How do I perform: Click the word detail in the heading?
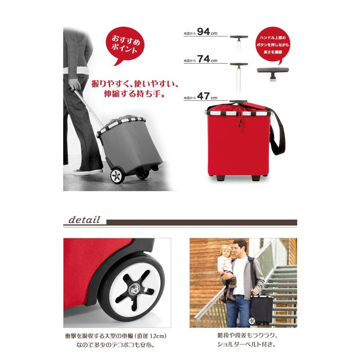(84, 220)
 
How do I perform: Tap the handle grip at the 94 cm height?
(239, 38)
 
